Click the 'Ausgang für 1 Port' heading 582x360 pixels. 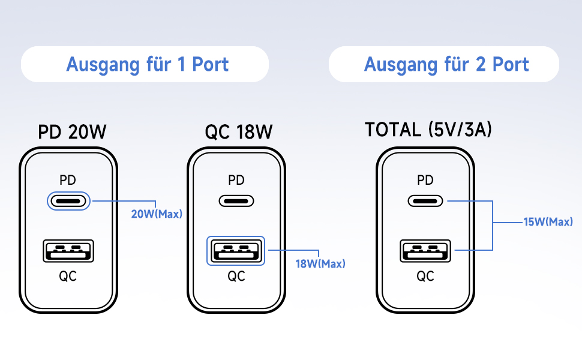(x=147, y=64)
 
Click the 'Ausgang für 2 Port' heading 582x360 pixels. (x=446, y=64)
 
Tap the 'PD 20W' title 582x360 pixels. (x=73, y=131)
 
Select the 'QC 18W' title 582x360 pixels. (x=238, y=131)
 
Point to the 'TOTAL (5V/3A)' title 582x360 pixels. (x=428, y=130)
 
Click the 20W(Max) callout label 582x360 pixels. (x=157, y=214)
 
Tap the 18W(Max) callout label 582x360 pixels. (x=320, y=263)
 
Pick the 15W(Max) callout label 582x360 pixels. (x=548, y=222)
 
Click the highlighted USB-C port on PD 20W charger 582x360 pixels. (x=68, y=201)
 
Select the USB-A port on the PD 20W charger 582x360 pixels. (x=68, y=251)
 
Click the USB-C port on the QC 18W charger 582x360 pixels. (x=236, y=201)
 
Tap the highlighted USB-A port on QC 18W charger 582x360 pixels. (x=236, y=251)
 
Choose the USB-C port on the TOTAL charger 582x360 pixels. (x=425, y=201)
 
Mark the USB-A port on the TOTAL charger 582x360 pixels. (x=425, y=251)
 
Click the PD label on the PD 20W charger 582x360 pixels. (x=68, y=179)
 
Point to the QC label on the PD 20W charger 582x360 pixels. (x=68, y=276)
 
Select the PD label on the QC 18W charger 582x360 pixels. (x=236, y=179)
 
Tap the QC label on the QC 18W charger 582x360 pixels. (x=236, y=276)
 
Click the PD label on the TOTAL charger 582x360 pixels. (x=425, y=179)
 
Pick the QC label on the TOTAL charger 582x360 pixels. (x=425, y=276)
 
